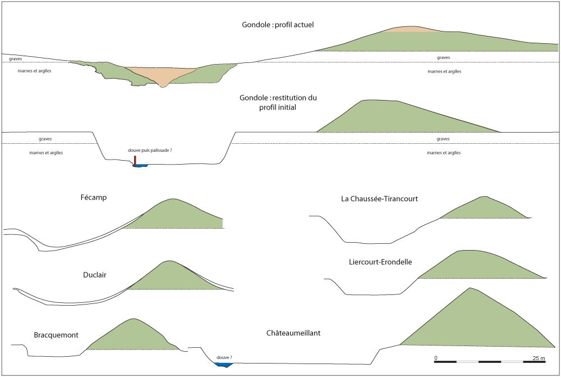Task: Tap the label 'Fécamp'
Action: [93, 198]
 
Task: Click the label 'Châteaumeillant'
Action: [293, 334]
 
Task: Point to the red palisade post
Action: [135, 160]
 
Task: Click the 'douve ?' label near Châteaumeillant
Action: [224, 357]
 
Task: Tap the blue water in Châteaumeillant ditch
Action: [224, 365]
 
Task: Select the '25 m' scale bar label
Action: [539, 358]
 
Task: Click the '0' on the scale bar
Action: [436, 358]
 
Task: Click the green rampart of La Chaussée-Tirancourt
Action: [482, 209]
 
